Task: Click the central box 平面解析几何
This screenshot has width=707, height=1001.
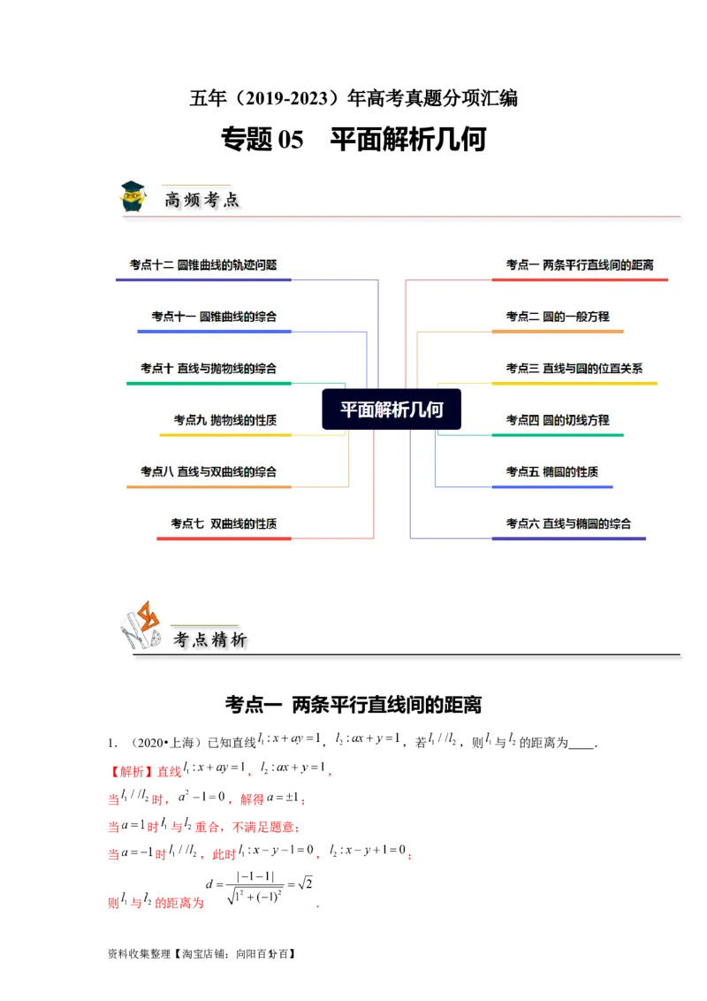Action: [x=392, y=409]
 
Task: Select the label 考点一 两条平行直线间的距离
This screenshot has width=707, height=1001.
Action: [x=580, y=264]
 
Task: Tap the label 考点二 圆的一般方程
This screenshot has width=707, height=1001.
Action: [x=558, y=317]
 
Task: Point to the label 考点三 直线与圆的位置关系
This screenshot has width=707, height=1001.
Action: [x=574, y=368]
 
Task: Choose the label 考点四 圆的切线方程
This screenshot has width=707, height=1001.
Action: [x=558, y=420]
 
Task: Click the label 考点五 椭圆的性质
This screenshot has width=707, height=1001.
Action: [x=552, y=471]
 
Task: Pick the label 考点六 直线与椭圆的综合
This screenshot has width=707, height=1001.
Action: [x=568, y=523]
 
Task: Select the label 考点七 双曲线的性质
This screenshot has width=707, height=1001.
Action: [x=224, y=523]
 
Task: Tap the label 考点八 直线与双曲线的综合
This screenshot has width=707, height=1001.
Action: [x=209, y=471]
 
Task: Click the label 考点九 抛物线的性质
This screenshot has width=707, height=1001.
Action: [x=225, y=420]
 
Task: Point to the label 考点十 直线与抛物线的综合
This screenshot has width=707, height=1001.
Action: [x=209, y=368]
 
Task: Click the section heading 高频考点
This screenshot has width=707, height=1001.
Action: [x=201, y=200]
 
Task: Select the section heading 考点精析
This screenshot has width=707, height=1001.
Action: [x=210, y=639]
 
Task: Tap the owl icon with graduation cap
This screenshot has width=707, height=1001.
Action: [x=133, y=195]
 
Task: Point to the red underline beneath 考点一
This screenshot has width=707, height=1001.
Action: [x=580, y=280]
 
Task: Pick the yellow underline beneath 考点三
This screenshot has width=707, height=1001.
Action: [x=574, y=384]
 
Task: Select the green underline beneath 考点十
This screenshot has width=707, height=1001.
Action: [x=209, y=384]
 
